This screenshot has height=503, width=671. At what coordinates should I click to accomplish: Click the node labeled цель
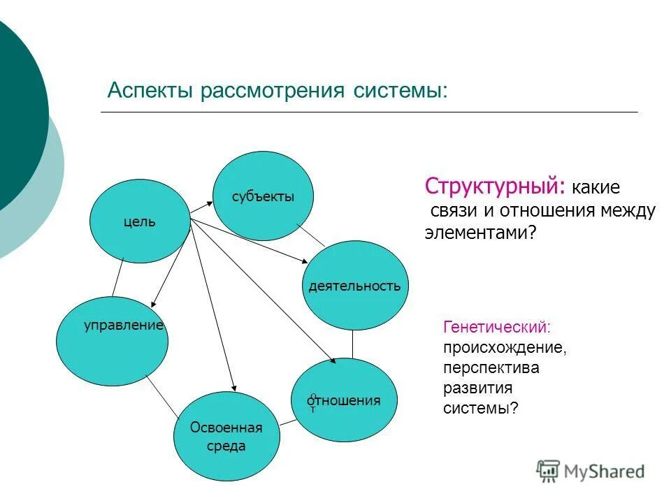[x=140, y=221]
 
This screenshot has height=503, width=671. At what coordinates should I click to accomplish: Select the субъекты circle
[x=263, y=196]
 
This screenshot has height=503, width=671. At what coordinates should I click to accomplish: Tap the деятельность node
[x=354, y=285]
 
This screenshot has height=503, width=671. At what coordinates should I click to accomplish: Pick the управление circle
[x=113, y=342]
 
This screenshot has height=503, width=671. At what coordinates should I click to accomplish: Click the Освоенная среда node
[x=226, y=436]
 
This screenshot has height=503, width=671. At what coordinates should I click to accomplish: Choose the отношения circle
[x=343, y=400]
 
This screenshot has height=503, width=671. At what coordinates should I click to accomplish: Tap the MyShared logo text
[x=605, y=472]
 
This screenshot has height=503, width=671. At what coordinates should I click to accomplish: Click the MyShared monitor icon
[x=549, y=471]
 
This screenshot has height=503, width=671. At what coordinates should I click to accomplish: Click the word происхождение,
[x=505, y=347]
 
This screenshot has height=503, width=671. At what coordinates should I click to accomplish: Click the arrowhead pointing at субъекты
[x=210, y=203]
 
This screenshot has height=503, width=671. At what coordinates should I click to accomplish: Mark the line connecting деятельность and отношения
[x=353, y=344]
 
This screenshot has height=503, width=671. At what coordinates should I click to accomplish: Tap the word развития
[x=478, y=388]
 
